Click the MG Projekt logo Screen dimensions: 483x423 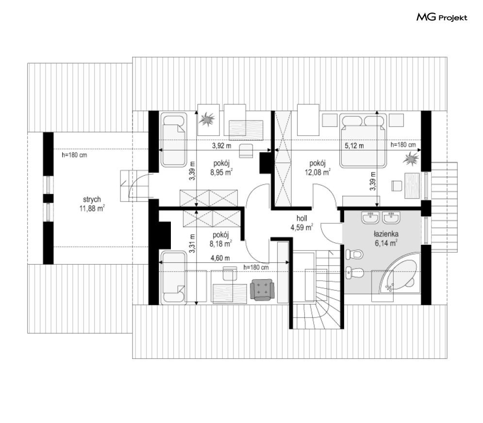coord(442,17)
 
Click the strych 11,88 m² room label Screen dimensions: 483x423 coord(92,204)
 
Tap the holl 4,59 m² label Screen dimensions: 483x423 coord(301,223)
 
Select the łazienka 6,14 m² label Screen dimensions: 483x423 coord(386,239)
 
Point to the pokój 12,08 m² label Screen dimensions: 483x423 coord(317,168)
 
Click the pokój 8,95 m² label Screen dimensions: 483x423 coord(221,168)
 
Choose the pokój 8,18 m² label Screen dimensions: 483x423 coord(220,239)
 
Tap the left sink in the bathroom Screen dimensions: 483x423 coord(370,218)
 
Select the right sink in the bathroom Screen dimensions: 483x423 coord(391,218)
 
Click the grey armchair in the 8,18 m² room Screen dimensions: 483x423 coord(262,289)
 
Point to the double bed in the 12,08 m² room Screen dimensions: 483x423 coord(363,140)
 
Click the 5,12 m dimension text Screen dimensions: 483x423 coord(354,145)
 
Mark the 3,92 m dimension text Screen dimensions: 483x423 coord(221,145)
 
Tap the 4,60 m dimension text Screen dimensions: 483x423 coord(220,258)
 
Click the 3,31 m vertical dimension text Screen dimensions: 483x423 coord(192,243)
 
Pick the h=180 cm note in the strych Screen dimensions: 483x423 coord(74,154)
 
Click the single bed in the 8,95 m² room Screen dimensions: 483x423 coord(173,140)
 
